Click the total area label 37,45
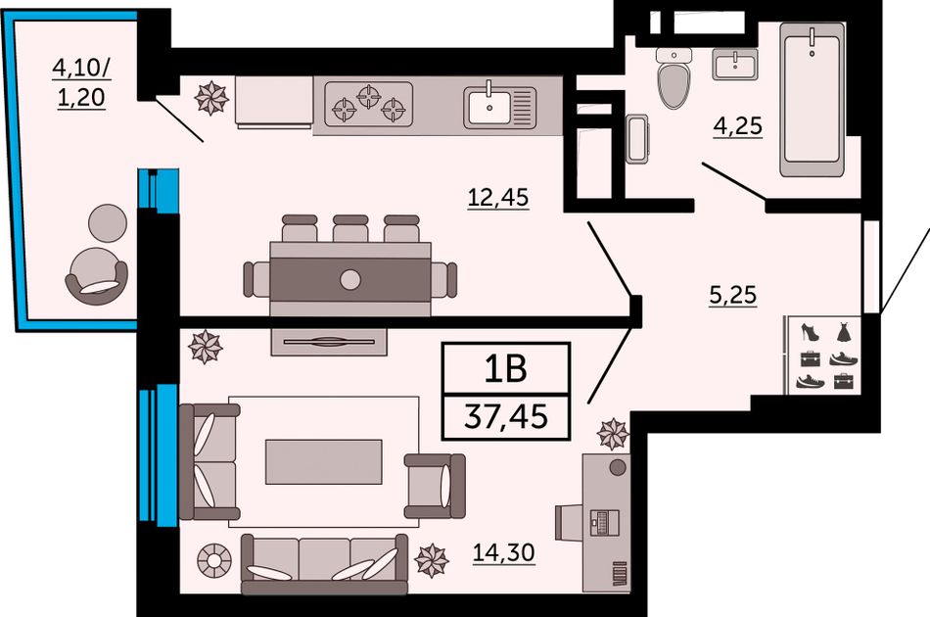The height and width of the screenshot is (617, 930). click(x=506, y=416)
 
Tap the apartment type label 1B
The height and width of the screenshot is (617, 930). click(x=506, y=368)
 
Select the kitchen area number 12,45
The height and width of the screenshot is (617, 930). click(x=498, y=197)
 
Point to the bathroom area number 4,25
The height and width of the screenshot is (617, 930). click(x=738, y=126)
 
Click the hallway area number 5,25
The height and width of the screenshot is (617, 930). click(x=733, y=294)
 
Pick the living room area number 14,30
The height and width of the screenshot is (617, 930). click(x=503, y=552)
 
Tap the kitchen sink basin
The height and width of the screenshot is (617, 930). click(x=488, y=108)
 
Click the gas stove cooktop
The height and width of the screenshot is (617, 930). click(x=368, y=104)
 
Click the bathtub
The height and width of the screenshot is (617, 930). click(x=812, y=99)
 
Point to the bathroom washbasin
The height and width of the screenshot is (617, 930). click(x=735, y=65)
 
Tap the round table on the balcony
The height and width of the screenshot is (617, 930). click(x=108, y=223)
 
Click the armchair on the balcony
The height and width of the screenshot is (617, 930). click(x=96, y=276)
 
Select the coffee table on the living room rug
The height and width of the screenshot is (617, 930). click(x=323, y=462)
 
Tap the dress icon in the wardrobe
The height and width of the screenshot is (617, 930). click(x=844, y=332)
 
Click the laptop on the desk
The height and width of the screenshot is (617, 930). click(x=604, y=522)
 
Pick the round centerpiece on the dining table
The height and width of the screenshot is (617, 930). click(x=350, y=279)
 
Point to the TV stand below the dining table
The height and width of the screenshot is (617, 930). click(x=329, y=341)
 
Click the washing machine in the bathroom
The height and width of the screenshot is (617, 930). click(x=637, y=139)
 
